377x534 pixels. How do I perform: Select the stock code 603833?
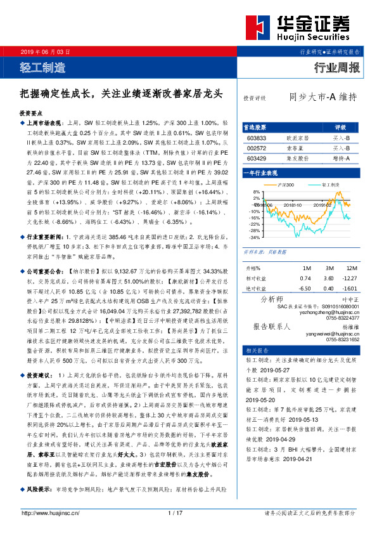[x=257, y=137]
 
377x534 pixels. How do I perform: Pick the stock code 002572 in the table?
[x=257, y=148]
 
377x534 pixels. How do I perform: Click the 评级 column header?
[x=341, y=127]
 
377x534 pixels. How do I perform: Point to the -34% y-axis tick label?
[x=254, y=238]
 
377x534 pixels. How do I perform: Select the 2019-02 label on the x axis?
[x=326, y=205]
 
